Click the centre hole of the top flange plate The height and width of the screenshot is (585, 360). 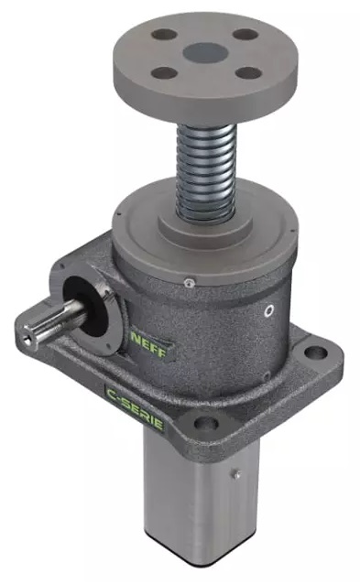[205, 51]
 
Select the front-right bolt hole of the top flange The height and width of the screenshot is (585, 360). [248, 72]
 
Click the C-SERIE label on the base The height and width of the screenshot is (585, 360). [135, 408]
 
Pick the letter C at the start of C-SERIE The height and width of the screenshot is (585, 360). [111, 394]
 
